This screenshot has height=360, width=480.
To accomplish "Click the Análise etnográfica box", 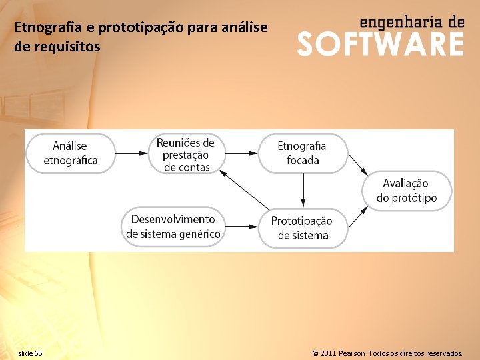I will pos(70,153).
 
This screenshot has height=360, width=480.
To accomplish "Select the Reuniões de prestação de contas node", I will pos(186,155).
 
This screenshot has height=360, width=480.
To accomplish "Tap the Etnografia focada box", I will pos(303,153).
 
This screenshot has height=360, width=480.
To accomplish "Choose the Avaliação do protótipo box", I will pos(406,191).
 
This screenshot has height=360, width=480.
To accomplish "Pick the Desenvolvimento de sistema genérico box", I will pos(173,227).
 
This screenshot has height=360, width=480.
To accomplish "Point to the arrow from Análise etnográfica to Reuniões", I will pos(132,153).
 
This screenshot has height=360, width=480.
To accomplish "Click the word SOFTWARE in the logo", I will pos(380,44).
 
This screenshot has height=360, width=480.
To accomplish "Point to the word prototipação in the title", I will pos(138,28).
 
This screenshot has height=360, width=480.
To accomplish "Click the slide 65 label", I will pos(30,353).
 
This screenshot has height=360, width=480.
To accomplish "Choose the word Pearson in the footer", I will pos(352,353).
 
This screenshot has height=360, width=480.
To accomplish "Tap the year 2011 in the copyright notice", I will pos(327,353).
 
